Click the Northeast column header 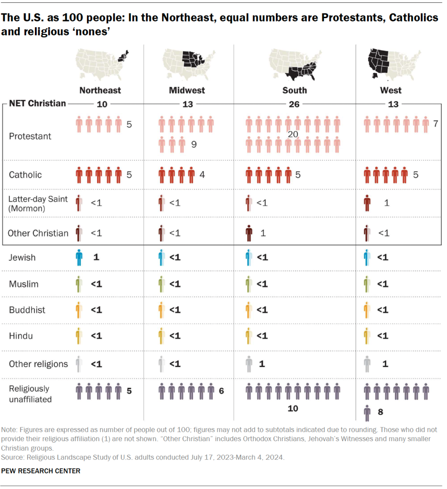pos(100,90)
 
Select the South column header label pos(294,90)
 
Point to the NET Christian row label pos(37,103)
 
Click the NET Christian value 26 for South pos(294,104)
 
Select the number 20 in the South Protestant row pos(293,135)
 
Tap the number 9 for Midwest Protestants pos(194,144)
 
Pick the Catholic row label pos(25,175)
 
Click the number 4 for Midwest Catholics pos(202,175)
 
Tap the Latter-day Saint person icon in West pos(367,203)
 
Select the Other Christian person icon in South pos(249,233)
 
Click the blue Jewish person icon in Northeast pos(79,258)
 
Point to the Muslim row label pos(23,284)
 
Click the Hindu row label pos(21,336)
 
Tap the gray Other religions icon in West pos(367,364)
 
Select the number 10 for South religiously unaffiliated pos(293,409)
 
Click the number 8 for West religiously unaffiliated pos(381,411)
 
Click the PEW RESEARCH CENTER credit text pos(41,471)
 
